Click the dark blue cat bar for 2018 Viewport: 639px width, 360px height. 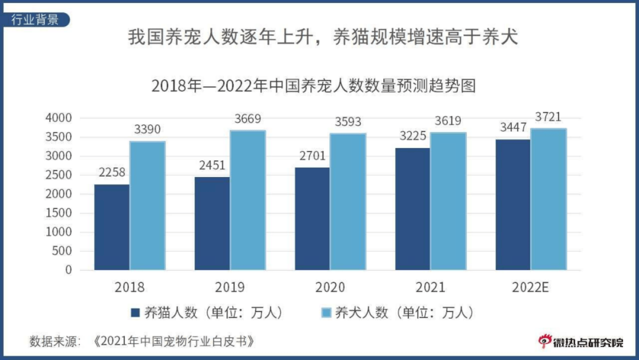click(112, 227)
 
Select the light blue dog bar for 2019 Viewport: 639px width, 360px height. click(247, 200)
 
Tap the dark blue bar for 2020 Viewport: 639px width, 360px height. click(312, 219)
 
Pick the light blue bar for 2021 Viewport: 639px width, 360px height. click(448, 201)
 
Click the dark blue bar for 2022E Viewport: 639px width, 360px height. click(513, 205)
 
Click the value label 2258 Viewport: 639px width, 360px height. click(111, 172)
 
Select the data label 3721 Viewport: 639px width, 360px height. click(548, 117)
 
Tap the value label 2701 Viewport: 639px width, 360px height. click(312, 155)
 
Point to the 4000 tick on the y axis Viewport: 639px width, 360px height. click(58, 118)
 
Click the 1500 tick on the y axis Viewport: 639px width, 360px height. click(58, 213)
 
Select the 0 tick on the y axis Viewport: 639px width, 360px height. click(68, 270)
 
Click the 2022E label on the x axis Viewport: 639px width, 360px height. click(530, 287)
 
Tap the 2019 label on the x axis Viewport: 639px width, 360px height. click(229, 287)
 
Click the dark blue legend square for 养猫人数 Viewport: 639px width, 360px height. click(134, 313)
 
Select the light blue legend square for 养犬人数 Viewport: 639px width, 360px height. click(325, 313)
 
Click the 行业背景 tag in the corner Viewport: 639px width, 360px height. click(35, 19)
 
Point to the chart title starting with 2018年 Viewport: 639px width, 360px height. click(313, 85)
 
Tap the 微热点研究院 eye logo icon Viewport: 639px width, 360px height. click(544, 341)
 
